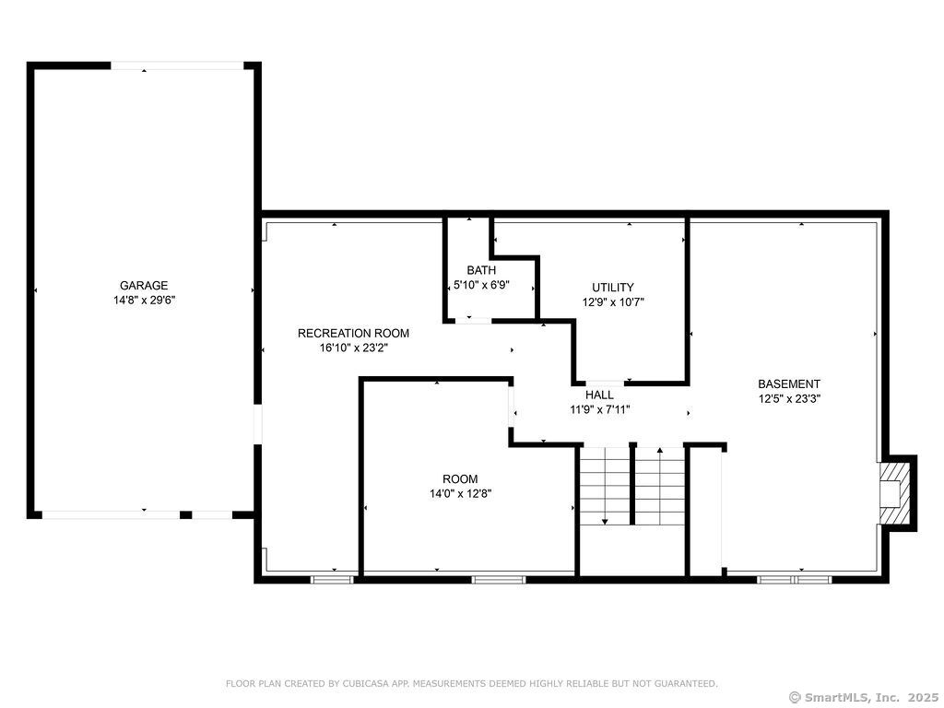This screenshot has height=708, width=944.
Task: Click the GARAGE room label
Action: (x=144, y=286)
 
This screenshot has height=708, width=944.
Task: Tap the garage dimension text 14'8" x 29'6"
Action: (x=144, y=300)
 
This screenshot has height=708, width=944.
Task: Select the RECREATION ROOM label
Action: (x=353, y=333)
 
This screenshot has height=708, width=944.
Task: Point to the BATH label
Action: (x=481, y=270)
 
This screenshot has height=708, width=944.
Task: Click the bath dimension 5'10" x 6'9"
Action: (x=481, y=285)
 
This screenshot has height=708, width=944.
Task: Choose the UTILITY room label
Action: (x=613, y=288)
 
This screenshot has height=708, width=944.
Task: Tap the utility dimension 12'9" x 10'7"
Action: (x=613, y=302)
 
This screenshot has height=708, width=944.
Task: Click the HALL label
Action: (x=599, y=395)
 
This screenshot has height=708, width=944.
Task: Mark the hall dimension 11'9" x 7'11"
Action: (x=599, y=409)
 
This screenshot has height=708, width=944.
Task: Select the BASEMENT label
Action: (x=789, y=383)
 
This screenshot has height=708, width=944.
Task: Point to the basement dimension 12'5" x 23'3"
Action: (x=789, y=398)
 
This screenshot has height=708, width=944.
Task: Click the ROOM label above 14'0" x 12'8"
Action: (x=460, y=479)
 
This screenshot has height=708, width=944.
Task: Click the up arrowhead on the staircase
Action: (x=660, y=449)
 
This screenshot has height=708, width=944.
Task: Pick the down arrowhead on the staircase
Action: (x=605, y=521)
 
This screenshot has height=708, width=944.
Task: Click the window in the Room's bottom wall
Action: (x=499, y=580)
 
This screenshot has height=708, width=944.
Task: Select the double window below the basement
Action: (x=794, y=580)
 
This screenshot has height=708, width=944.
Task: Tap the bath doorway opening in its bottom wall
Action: (x=473, y=320)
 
